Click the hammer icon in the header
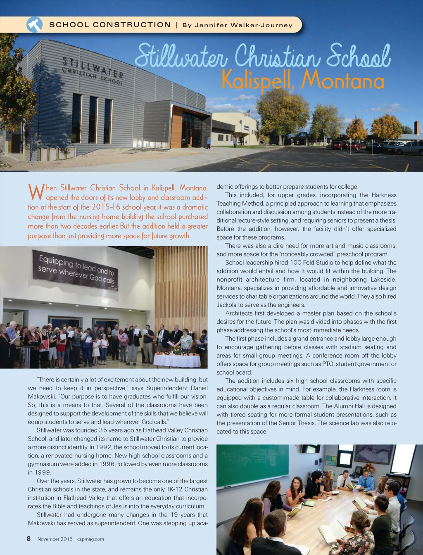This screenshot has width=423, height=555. click(x=35, y=25)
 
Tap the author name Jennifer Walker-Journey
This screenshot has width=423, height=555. click(x=238, y=25)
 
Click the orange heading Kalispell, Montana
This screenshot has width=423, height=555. click(x=303, y=80)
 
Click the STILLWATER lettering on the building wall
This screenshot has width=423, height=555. click(x=93, y=68)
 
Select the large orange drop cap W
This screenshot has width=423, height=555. click(x=36, y=192)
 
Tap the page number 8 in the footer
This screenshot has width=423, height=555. click(x=29, y=538)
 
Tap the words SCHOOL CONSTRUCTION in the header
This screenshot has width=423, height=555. click(x=110, y=25)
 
